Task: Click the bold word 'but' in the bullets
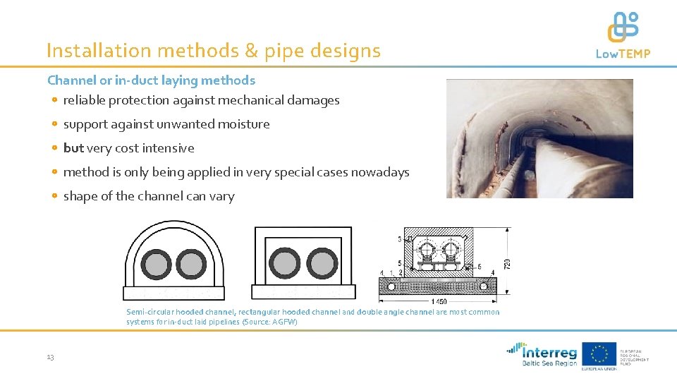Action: click(73, 148)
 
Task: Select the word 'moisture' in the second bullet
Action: click(246, 124)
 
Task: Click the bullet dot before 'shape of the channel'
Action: click(54, 196)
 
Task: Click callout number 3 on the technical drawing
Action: click(399, 239)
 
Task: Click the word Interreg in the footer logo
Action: click(549, 351)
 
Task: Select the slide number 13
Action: click(50, 358)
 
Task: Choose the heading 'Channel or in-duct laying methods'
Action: click(151, 80)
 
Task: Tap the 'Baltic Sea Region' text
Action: click(549, 363)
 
